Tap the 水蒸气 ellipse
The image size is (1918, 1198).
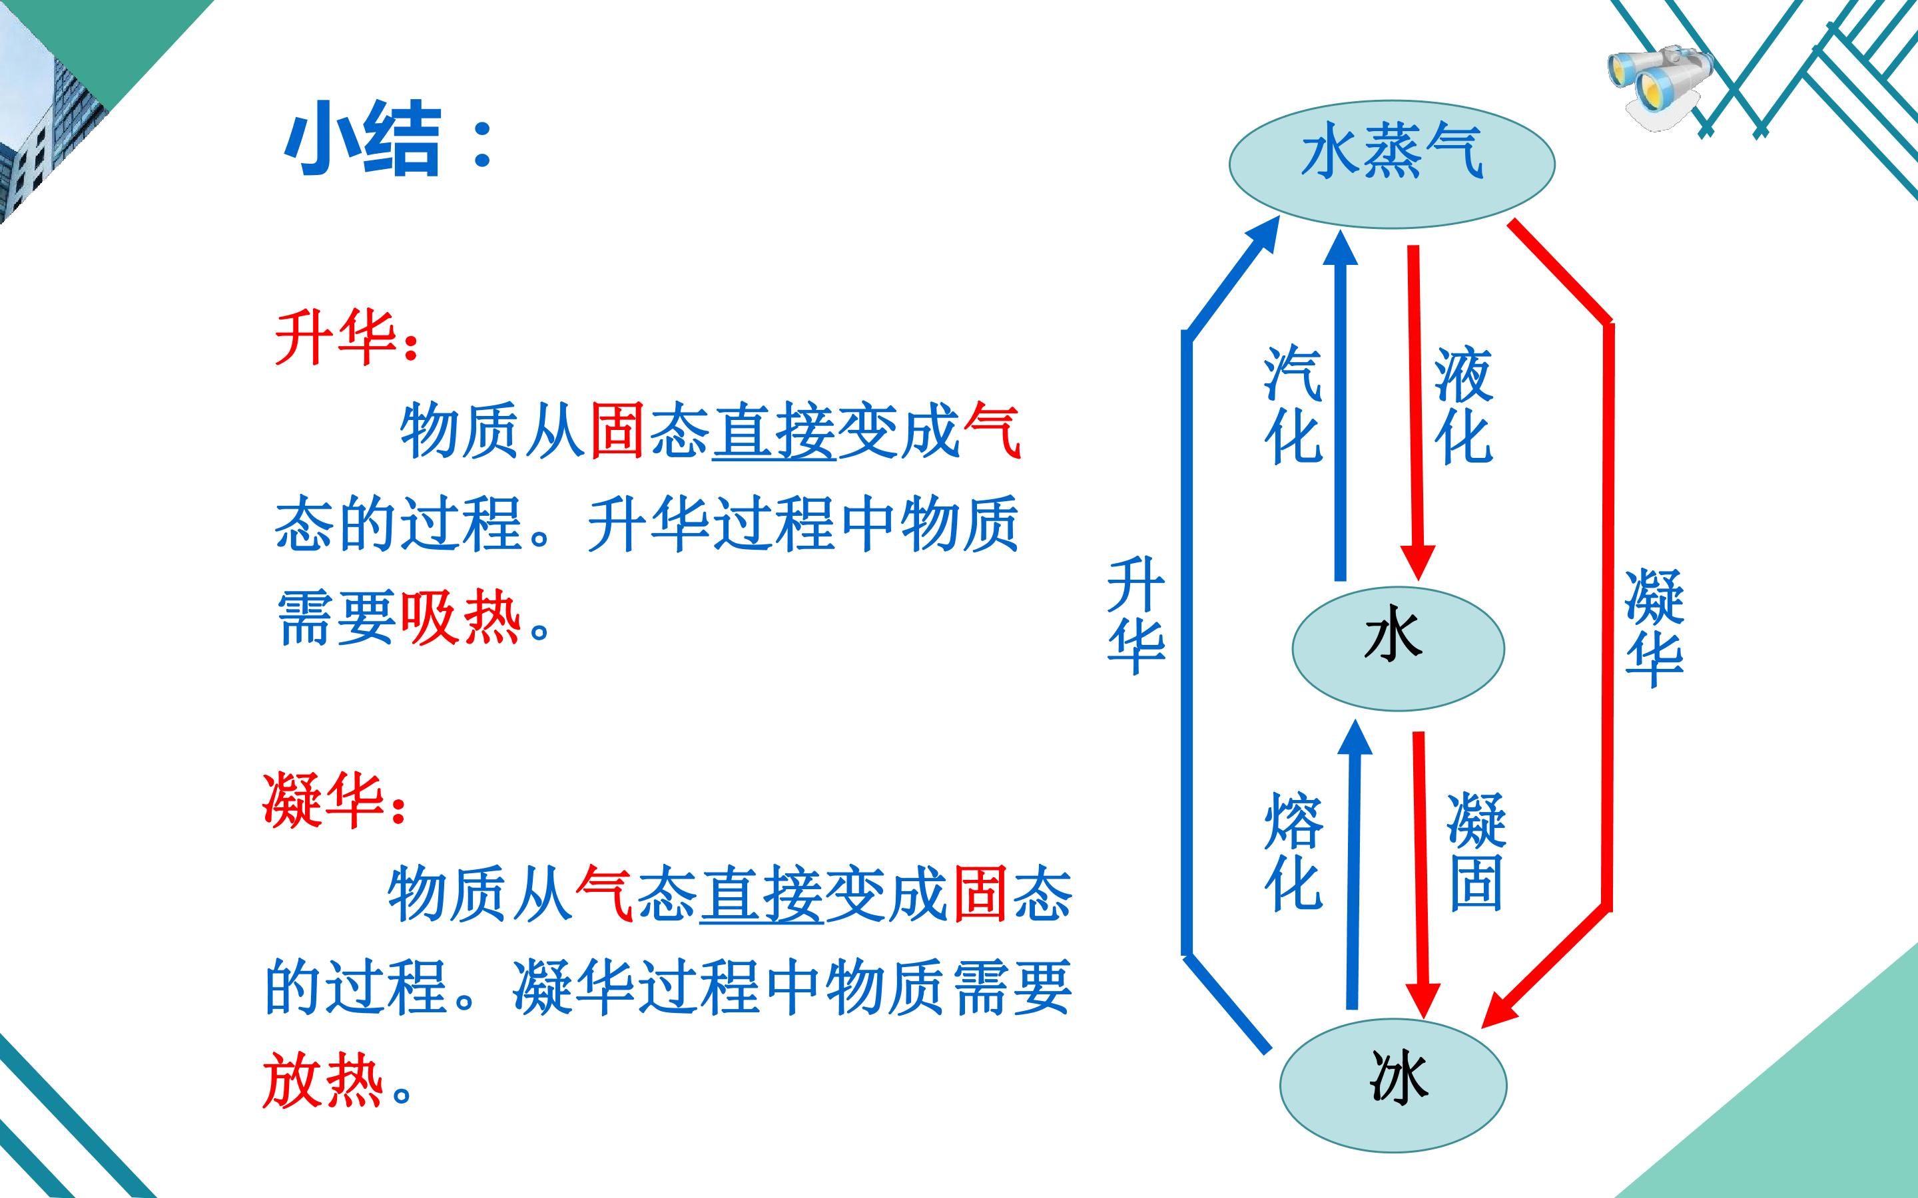1392,164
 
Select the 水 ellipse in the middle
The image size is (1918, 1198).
1398,649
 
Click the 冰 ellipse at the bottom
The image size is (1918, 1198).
1393,1085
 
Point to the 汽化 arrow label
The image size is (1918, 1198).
1293,405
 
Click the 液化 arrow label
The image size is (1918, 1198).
1463,405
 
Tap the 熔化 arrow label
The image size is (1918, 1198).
1293,852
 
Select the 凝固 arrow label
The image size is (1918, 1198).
1476,852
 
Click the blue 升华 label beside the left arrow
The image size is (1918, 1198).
1135,616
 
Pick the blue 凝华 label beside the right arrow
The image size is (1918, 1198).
1654,628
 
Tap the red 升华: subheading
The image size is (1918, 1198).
346,337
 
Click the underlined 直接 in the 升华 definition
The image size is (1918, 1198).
774,432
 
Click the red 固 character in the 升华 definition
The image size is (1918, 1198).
617,432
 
